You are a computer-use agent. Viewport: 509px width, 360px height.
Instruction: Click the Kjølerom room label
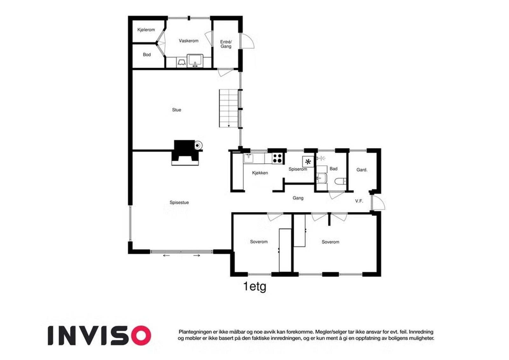(x=146, y=30)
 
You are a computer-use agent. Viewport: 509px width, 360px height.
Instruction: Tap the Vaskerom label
(x=188, y=41)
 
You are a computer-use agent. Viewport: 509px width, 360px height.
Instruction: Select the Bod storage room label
(x=147, y=54)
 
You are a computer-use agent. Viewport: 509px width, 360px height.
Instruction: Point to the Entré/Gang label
(x=226, y=44)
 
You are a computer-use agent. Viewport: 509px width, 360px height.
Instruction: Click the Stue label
(x=177, y=110)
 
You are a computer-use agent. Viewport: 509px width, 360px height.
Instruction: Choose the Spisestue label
(x=179, y=202)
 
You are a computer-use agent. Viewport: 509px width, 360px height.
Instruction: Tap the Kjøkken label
(x=260, y=173)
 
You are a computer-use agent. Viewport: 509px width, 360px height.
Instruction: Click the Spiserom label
(x=298, y=169)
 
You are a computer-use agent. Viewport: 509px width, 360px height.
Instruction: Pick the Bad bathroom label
(x=333, y=169)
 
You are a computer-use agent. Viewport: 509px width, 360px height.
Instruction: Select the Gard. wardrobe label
(x=362, y=170)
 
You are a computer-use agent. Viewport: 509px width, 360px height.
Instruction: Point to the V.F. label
(x=359, y=201)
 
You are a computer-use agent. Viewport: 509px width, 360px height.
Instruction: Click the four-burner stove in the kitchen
(x=277, y=158)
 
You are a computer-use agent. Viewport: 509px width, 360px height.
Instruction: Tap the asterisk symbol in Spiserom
(x=308, y=162)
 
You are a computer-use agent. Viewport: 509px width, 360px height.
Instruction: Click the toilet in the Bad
(x=340, y=181)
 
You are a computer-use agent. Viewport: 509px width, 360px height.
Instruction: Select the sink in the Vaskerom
(x=195, y=61)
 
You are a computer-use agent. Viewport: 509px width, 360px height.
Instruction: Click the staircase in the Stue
(x=229, y=108)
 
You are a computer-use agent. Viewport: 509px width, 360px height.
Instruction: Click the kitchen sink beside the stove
(x=248, y=158)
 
